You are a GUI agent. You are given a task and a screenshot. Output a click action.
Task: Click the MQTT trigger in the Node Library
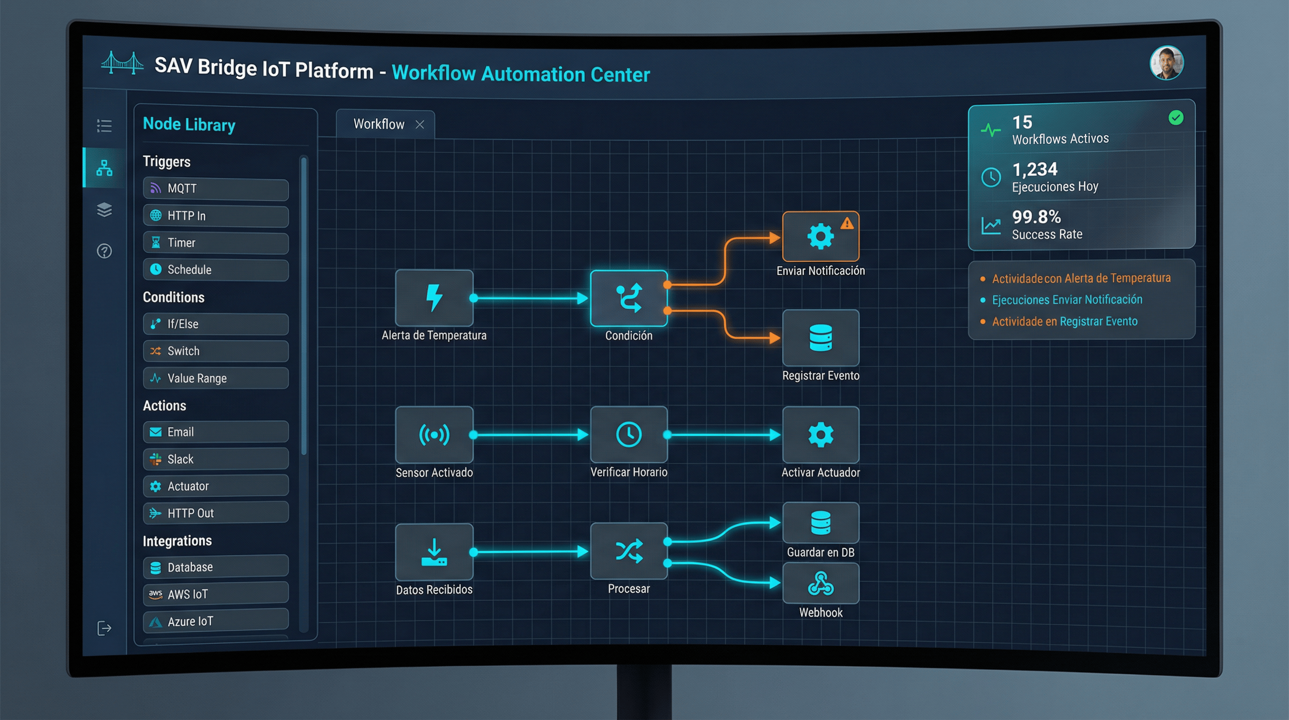click(215, 189)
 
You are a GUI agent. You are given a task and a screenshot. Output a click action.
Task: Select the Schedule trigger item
click(215, 270)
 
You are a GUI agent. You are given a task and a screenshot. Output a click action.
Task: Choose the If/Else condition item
click(215, 324)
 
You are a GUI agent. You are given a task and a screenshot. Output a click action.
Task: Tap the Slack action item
click(215, 459)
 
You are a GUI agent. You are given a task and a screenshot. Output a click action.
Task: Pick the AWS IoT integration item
click(215, 594)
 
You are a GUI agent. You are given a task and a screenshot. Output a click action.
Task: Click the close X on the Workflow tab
click(420, 125)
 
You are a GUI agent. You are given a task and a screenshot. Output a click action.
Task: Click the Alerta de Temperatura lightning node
click(434, 298)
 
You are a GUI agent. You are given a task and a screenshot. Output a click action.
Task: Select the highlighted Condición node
click(629, 299)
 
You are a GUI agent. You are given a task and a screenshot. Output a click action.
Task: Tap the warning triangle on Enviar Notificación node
click(847, 223)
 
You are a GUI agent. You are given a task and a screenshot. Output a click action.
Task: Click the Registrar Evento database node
click(821, 338)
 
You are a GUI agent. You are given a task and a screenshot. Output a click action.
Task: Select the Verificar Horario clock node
click(629, 434)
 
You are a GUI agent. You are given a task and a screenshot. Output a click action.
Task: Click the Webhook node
click(821, 583)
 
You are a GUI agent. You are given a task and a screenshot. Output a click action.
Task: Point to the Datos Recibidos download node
click(434, 552)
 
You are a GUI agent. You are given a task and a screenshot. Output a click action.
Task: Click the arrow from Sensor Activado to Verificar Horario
click(530, 435)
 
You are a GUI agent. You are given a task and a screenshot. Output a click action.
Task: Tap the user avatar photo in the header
click(1166, 63)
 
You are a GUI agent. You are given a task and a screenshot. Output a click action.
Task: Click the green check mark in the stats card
click(1175, 118)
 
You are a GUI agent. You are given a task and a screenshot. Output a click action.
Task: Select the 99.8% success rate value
click(1036, 217)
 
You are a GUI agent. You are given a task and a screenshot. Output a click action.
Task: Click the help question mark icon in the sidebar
click(104, 251)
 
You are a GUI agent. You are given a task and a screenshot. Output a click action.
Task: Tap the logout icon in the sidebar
click(104, 628)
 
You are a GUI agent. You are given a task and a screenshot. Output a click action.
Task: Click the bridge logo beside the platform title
click(122, 64)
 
